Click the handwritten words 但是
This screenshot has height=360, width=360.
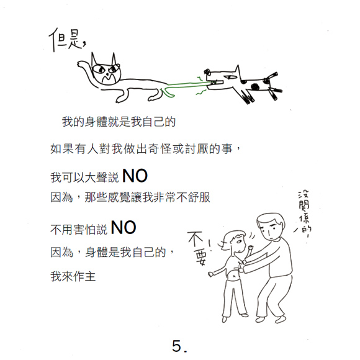click(x=67, y=40)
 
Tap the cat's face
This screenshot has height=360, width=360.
click(x=106, y=71)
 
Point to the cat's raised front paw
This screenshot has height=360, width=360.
click(x=81, y=63)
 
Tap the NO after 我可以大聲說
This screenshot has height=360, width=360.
click(x=135, y=176)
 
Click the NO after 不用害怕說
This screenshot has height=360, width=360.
click(x=124, y=228)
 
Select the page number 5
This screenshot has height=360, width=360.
click(x=179, y=346)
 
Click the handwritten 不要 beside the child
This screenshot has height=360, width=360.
click(x=197, y=248)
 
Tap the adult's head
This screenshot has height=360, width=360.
click(x=271, y=227)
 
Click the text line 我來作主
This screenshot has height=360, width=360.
click(x=73, y=276)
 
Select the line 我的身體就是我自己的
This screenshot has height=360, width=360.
click(x=119, y=122)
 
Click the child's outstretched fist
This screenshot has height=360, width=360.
click(x=211, y=274)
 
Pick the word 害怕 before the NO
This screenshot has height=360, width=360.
click(x=84, y=230)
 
